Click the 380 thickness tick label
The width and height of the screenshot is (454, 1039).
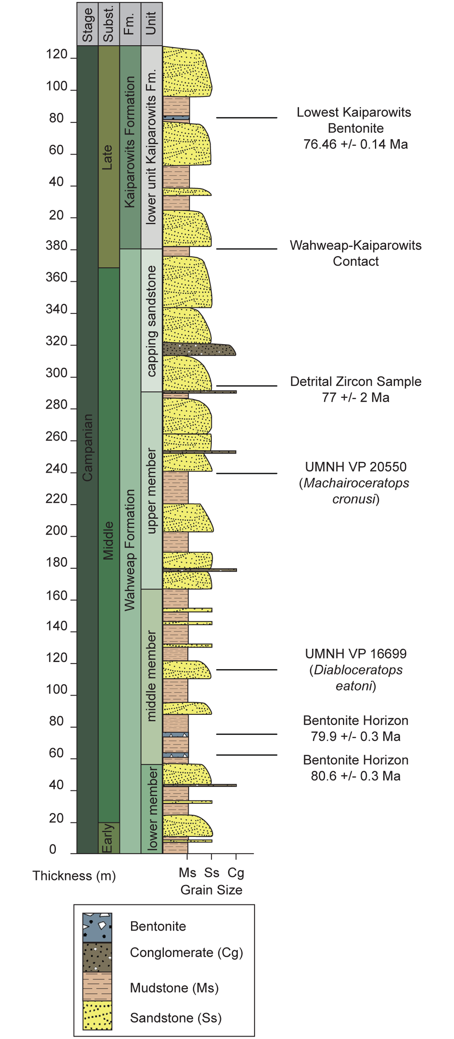[x=56, y=245]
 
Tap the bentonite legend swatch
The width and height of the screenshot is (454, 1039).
[x=97, y=927]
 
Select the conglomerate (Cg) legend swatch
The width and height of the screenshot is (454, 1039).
[x=97, y=957]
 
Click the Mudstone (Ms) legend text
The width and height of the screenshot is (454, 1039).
[x=174, y=988]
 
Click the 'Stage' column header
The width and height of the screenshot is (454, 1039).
[x=87, y=25]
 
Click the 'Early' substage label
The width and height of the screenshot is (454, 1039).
[x=108, y=838]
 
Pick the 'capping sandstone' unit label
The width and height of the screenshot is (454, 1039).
[x=151, y=321]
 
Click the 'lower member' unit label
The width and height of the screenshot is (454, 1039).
[x=151, y=809]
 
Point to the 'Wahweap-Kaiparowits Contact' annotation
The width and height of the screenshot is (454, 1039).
[x=355, y=253]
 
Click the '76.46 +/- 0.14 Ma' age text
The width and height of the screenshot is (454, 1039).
[x=355, y=144]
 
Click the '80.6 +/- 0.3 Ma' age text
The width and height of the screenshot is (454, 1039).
[x=355, y=776]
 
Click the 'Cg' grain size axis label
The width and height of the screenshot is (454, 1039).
[x=236, y=873]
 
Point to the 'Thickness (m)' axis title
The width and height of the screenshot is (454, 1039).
[x=74, y=876]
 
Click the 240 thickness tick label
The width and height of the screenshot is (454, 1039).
[x=56, y=468]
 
